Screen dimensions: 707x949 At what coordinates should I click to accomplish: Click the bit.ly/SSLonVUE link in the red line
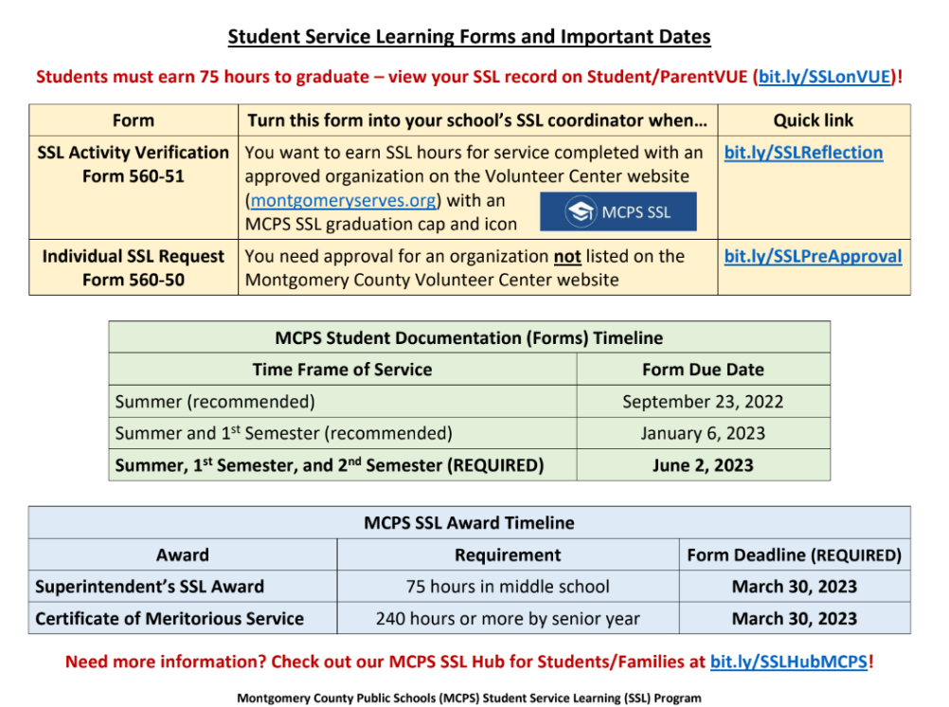tap(825, 77)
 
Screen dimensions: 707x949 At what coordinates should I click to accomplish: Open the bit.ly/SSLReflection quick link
tap(803, 153)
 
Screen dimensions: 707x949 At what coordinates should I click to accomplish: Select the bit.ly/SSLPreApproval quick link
tap(813, 256)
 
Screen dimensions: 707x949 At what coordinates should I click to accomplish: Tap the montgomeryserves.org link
tap(344, 201)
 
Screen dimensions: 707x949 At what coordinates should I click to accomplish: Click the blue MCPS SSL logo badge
tap(618, 211)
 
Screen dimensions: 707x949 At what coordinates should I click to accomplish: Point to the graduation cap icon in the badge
tap(581, 212)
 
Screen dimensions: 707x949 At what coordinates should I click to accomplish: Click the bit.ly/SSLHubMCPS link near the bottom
tap(788, 662)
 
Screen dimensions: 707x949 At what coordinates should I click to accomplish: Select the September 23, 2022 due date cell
tap(703, 401)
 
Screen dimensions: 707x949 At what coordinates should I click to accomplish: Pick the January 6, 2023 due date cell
tap(703, 433)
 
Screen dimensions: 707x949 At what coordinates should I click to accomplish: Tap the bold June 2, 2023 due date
tap(703, 464)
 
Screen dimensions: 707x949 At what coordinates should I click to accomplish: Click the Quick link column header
tap(813, 120)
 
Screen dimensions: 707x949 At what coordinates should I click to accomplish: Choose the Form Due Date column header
tap(703, 370)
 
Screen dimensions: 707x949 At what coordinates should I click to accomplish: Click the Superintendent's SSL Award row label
tap(150, 587)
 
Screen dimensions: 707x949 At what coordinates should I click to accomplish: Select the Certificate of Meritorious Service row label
tap(170, 619)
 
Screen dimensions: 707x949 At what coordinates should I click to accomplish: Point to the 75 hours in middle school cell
tap(508, 587)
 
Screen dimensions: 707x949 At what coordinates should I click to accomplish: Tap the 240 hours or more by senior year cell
tap(508, 619)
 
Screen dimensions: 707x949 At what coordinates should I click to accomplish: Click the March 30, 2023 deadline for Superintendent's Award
tap(794, 587)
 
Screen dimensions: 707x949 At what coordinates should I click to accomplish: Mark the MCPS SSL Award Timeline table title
tap(469, 522)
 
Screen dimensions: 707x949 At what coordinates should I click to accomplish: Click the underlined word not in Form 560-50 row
tap(567, 256)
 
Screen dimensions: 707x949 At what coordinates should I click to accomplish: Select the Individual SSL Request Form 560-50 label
tap(133, 267)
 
